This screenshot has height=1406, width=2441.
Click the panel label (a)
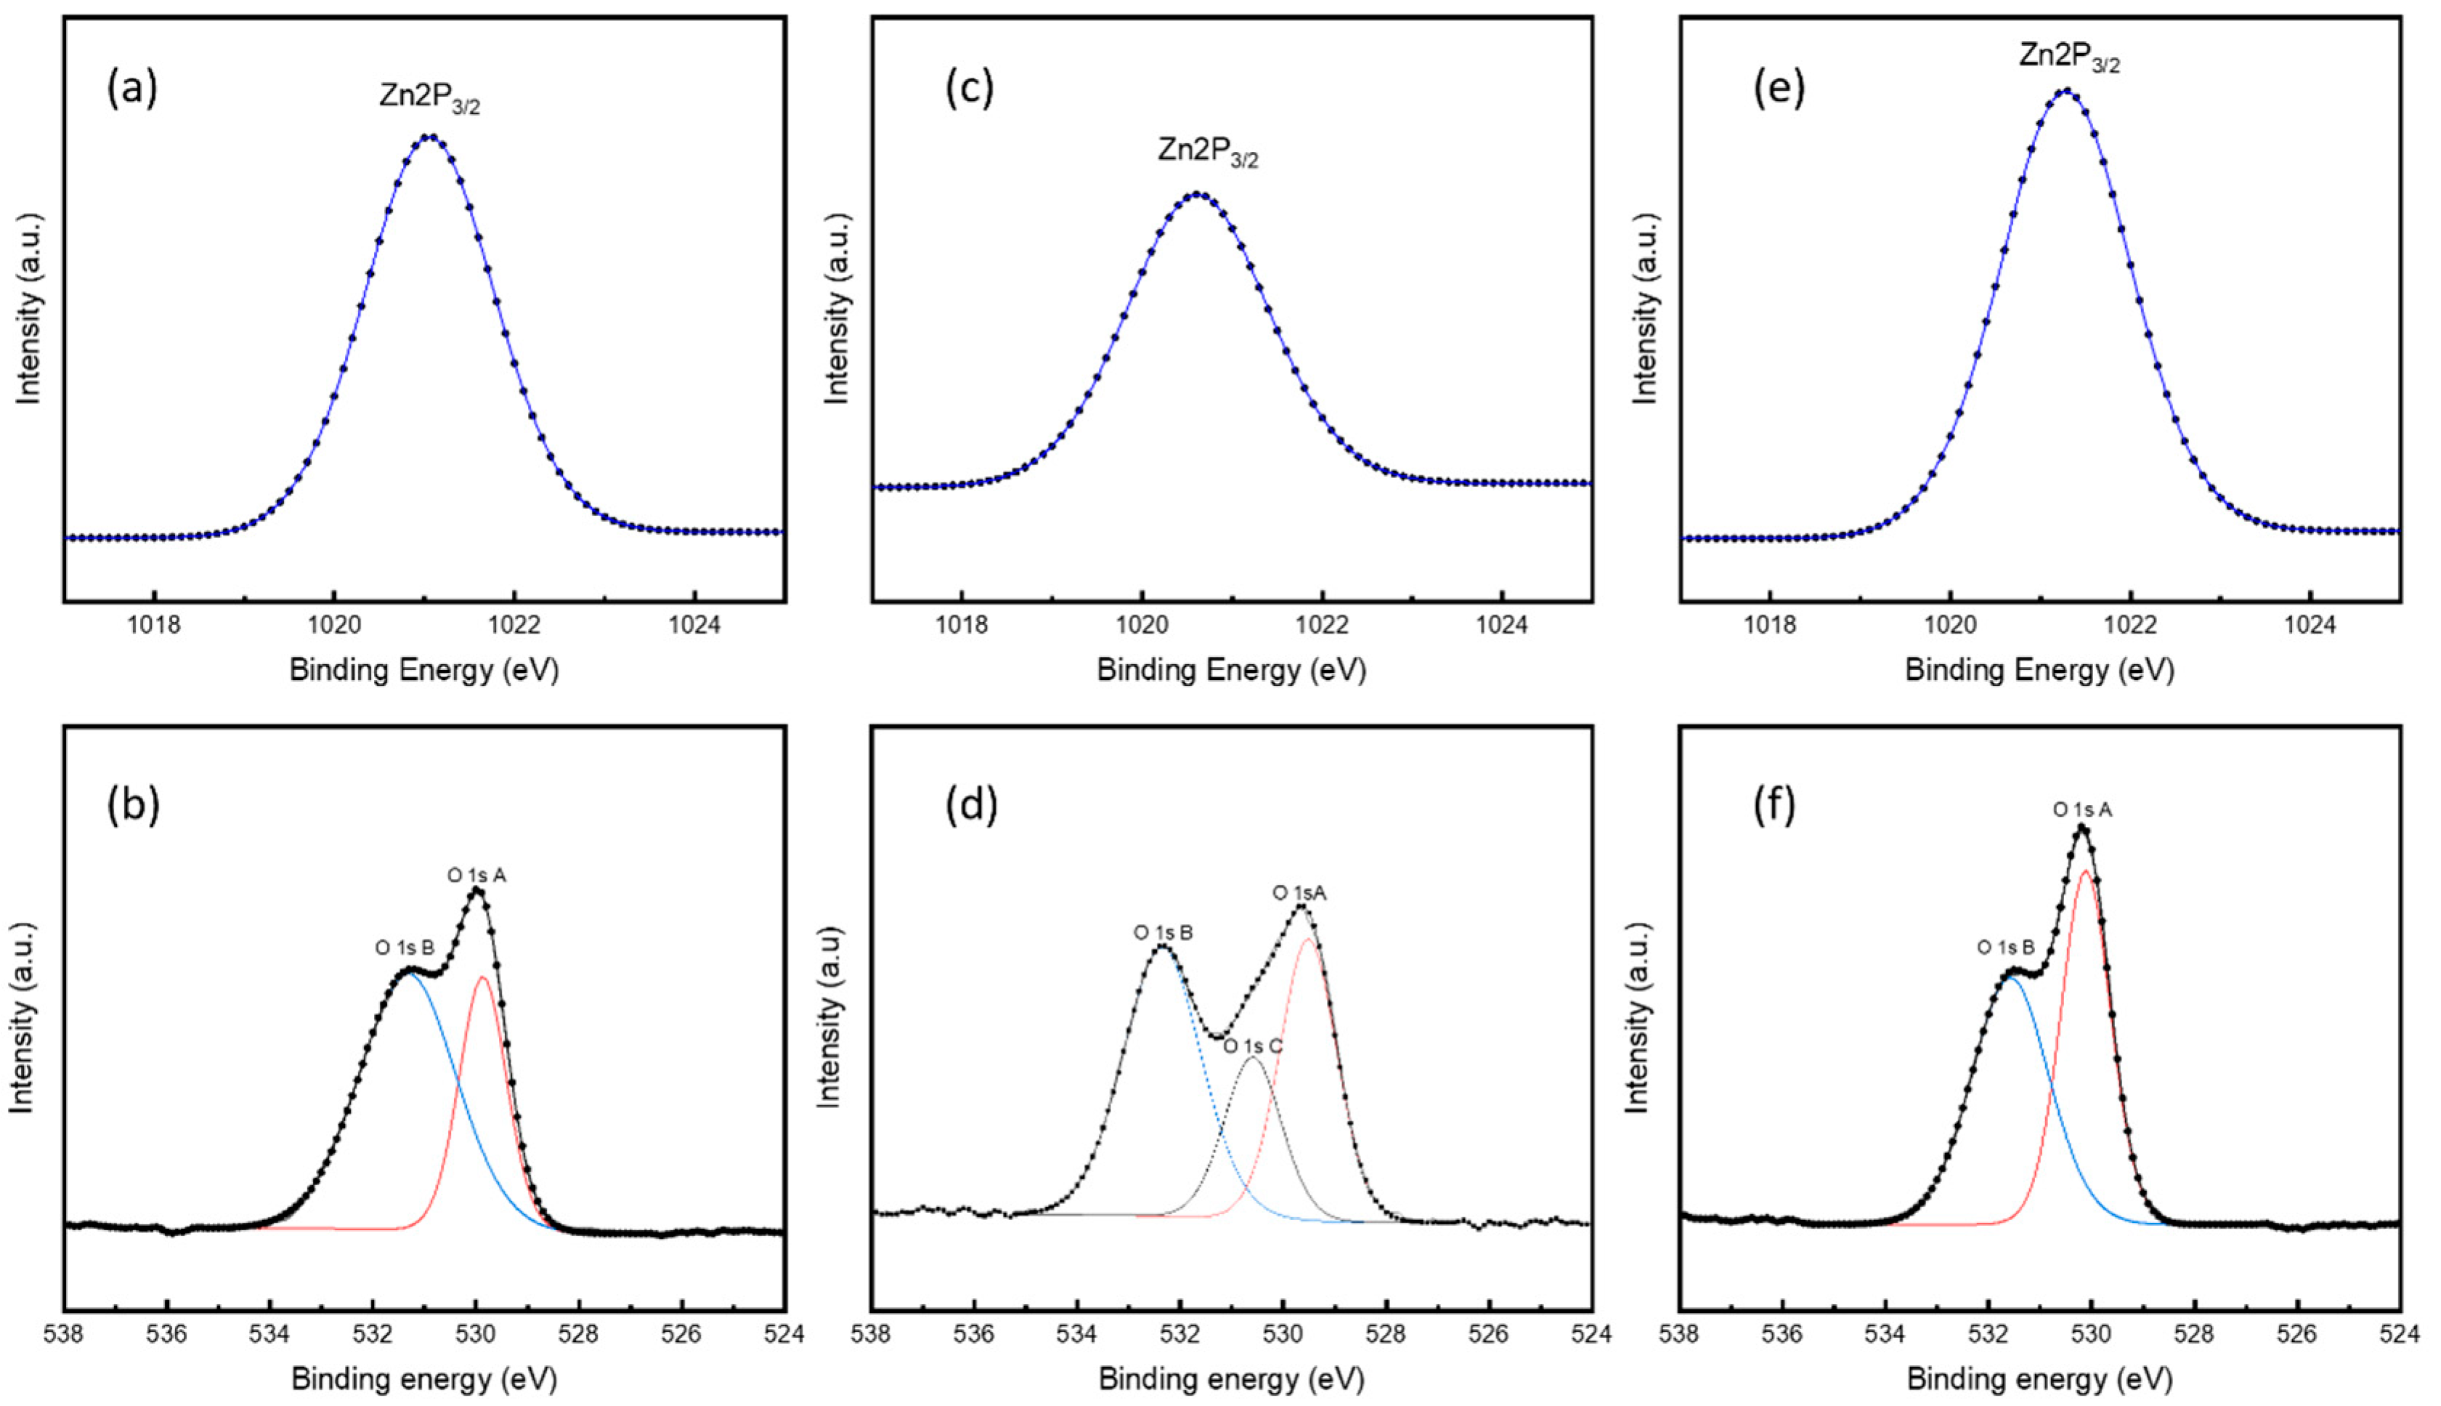pos(131,89)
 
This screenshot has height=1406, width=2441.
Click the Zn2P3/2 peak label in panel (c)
pos(1208,153)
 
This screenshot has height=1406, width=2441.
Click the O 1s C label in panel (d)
pos(1253,1046)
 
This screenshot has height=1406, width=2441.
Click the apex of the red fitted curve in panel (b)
pos(482,977)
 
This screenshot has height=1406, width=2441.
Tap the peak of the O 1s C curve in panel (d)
pos(1252,1057)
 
